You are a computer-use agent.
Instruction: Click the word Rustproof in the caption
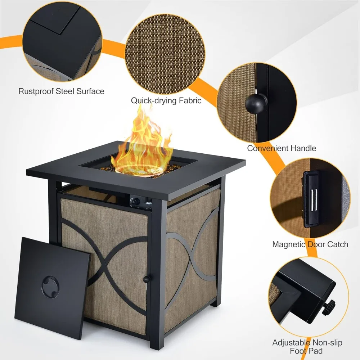(36, 91)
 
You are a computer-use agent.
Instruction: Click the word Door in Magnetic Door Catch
(317, 244)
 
